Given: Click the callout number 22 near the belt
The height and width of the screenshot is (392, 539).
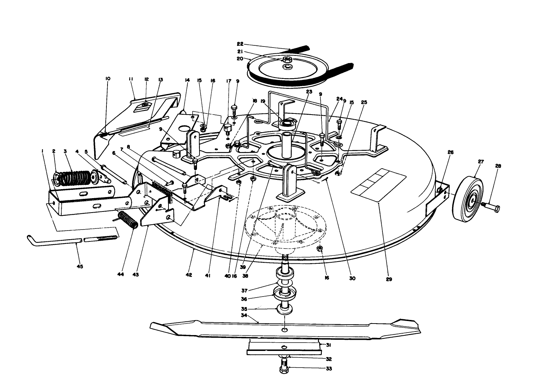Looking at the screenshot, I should click(240, 44).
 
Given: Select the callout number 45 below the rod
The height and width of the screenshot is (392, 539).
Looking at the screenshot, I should click(80, 267).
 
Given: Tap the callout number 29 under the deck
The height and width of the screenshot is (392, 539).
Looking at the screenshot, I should click(389, 279).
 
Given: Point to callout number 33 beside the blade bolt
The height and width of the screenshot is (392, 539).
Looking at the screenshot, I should click(329, 369).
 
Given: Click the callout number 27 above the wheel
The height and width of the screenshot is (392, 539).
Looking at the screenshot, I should click(481, 162).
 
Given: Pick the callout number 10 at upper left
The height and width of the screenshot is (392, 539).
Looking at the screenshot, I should click(108, 79).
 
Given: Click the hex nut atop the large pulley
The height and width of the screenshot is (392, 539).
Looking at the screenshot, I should click(287, 59).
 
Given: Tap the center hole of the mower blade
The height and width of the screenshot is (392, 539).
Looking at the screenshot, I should click(285, 329).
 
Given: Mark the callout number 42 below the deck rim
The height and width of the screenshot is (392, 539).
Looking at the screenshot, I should click(189, 275).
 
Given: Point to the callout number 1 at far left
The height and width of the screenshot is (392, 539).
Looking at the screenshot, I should click(43, 151).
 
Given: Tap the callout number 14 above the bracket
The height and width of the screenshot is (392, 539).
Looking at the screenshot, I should click(187, 81).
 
